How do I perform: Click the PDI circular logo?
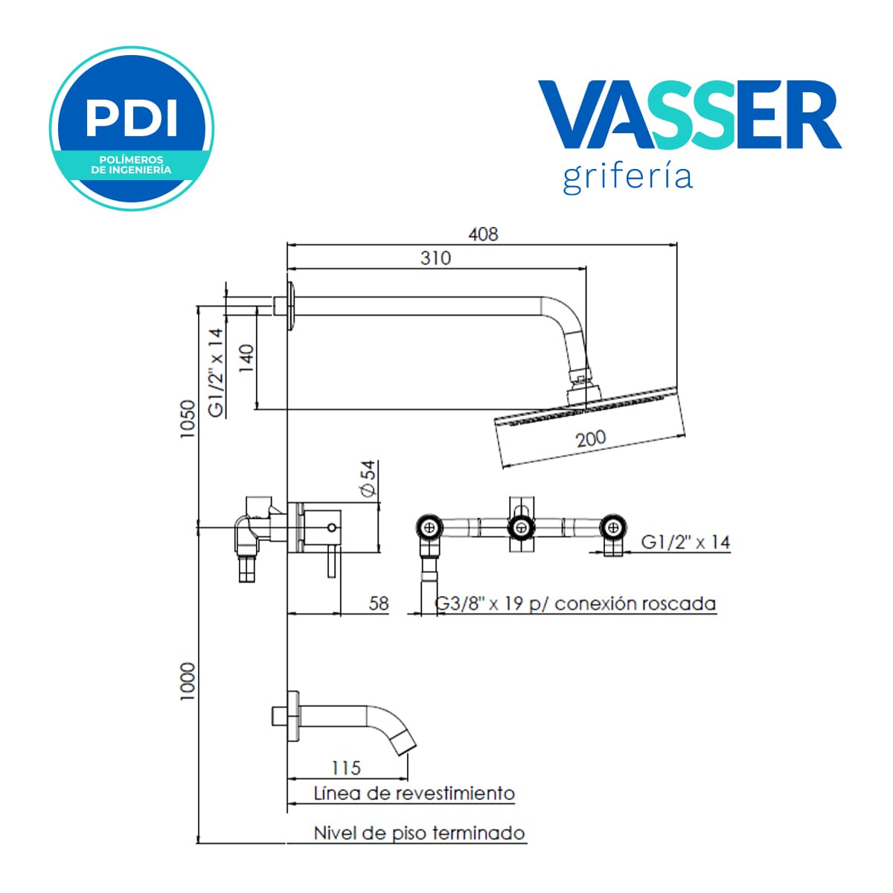[x=132, y=128]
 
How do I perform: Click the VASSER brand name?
[x=690, y=115]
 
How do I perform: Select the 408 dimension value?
[x=483, y=234]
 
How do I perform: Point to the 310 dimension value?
[x=435, y=258]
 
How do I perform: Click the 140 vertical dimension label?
[x=246, y=359]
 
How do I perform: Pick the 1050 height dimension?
[x=188, y=419]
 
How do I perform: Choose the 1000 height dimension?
[x=188, y=681]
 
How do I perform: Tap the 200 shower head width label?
[x=591, y=438]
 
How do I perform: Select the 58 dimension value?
[x=379, y=604]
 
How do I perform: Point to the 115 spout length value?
[x=346, y=768]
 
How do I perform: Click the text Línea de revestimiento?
[x=415, y=793]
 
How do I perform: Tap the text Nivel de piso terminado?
[x=420, y=833]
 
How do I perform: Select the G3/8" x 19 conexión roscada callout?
[x=575, y=604]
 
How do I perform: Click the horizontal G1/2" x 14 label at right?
[x=685, y=542]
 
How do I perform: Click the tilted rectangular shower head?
[x=589, y=426]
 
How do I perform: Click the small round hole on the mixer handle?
[x=331, y=528]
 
